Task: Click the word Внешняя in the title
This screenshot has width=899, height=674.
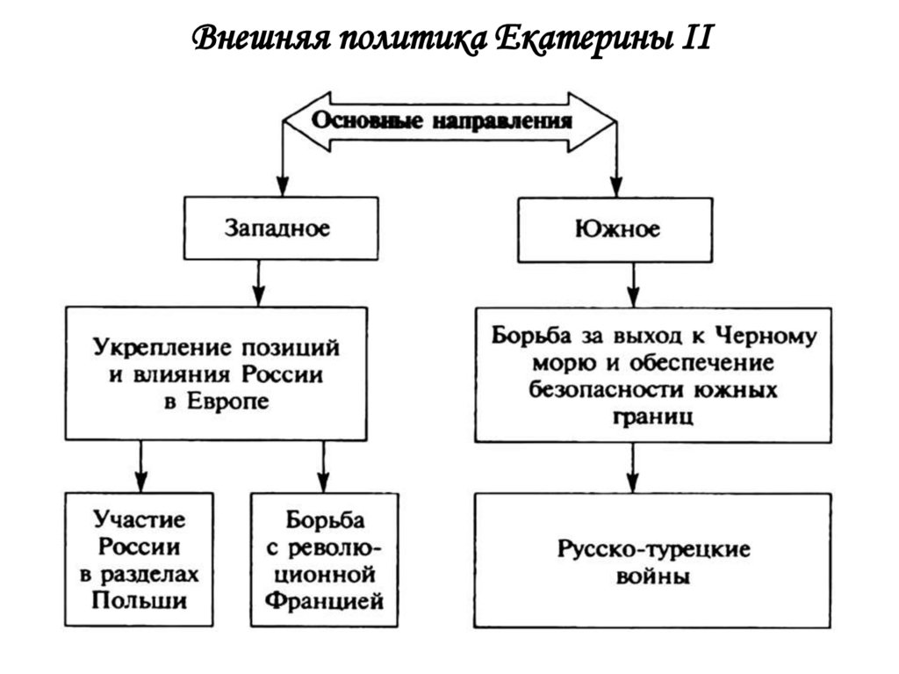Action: [253, 39]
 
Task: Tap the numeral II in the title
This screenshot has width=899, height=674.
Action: [690, 39]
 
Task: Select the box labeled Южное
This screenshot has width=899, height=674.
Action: [618, 229]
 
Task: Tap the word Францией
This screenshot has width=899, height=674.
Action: [324, 603]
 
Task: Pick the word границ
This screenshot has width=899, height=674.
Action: [651, 415]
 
